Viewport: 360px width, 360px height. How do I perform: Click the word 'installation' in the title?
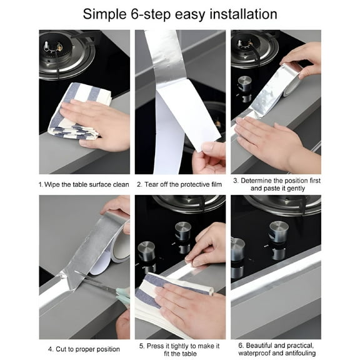243,14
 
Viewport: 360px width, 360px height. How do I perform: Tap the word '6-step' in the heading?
151,15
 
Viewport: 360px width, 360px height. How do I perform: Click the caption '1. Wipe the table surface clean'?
84,184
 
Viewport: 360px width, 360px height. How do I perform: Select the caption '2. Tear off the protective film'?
179,184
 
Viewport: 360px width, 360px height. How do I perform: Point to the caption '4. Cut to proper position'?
84,349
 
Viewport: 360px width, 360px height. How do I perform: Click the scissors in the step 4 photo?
103,286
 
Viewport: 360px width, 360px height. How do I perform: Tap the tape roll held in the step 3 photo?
292,79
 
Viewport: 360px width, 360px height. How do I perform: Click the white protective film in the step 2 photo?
181,124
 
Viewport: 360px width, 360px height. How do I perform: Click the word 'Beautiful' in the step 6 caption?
259,345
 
